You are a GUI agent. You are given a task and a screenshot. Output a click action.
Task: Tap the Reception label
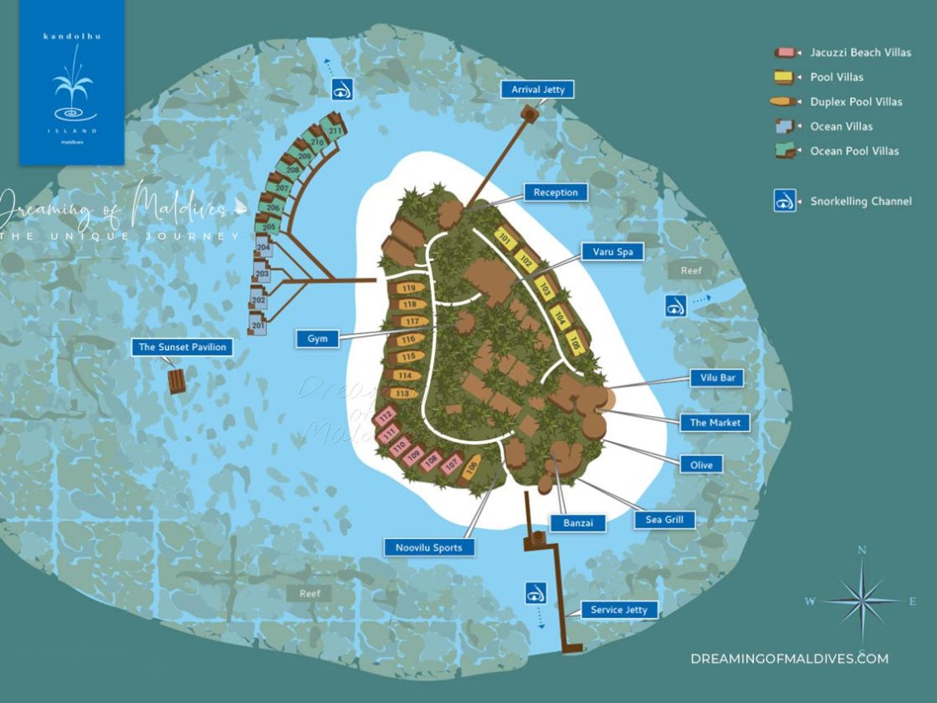coord(556,192)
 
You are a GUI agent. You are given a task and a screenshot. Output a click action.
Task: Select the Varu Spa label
coord(612,251)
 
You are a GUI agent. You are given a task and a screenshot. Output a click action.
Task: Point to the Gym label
coord(317,339)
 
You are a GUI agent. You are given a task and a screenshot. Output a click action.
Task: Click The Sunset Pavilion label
coord(182,346)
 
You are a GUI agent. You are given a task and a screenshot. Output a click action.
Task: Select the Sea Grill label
coord(664,520)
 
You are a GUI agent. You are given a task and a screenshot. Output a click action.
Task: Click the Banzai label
coord(577,523)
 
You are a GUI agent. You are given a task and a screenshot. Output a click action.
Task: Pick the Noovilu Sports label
coord(429,547)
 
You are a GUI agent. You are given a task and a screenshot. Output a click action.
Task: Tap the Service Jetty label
coord(618,609)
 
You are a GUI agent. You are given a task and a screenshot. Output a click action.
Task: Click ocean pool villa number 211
coord(335,131)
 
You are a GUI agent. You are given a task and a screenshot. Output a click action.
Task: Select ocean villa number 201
coord(258,326)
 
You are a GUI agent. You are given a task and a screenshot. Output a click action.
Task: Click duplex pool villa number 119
coord(409,289)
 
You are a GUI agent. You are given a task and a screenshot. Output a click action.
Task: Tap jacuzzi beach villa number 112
coord(386,416)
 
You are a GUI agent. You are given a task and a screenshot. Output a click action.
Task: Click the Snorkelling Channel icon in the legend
coord(785,201)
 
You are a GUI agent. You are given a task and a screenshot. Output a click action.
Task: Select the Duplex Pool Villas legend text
coord(856,102)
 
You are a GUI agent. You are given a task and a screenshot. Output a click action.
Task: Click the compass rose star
coord(861,601)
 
